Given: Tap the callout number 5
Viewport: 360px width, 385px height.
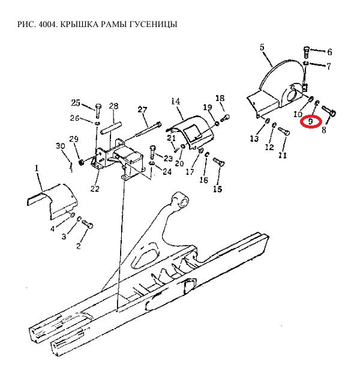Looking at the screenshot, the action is [262, 47].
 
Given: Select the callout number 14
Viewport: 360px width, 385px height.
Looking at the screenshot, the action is [176, 101].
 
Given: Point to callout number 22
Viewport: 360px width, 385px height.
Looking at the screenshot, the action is [95, 189].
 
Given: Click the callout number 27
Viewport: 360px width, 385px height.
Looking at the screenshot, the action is [142, 109].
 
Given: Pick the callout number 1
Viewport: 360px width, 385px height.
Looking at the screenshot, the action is [37, 168].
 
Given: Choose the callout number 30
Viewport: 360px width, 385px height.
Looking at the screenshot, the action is [61, 146].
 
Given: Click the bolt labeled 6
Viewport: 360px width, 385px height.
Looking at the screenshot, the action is [307, 52].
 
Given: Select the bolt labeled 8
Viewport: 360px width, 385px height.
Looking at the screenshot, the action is [329, 111].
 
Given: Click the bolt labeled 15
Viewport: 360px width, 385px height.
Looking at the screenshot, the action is [219, 162].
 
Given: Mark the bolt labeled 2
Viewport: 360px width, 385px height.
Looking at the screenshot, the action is [88, 225].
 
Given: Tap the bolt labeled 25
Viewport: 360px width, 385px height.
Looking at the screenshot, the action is [98, 111].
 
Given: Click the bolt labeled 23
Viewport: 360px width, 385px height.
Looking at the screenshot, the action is [152, 152].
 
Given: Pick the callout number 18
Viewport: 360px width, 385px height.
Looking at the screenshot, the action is [220, 99].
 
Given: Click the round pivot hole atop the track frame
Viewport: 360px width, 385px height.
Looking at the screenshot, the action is [182, 201].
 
